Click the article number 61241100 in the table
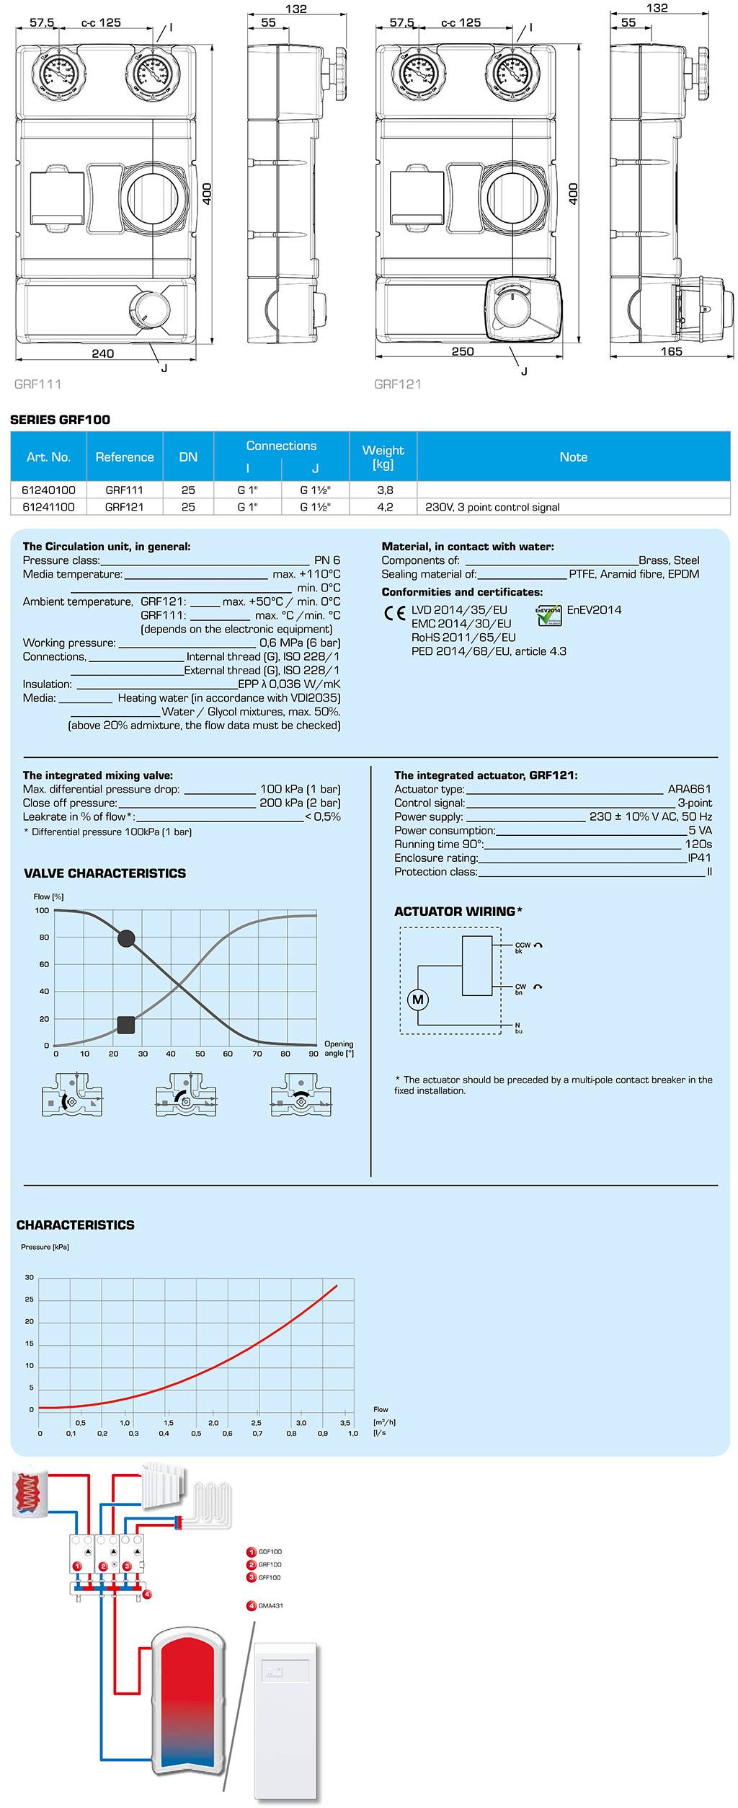(x=48, y=507)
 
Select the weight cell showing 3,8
(x=385, y=490)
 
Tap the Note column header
(x=573, y=457)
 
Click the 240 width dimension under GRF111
(x=102, y=353)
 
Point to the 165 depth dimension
(x=671, y=351)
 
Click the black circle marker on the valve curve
(x=126, y=938)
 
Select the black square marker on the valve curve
(x=126, y=1024)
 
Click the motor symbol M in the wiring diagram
(x=418, y=1000)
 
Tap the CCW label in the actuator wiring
(x=523, y=945)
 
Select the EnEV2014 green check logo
(x=548, y=615)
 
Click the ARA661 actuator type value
(x=689, y=789)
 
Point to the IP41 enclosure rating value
(x=699, y=857)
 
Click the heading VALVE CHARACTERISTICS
(x=105, y=873)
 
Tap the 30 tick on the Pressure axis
(x=30, y=1277)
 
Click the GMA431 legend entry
(x=270, y=1606)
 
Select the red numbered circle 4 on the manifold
(x=147, y=1594)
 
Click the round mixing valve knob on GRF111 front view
(x=149, y=309)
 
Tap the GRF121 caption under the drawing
(x=397, y=384)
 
